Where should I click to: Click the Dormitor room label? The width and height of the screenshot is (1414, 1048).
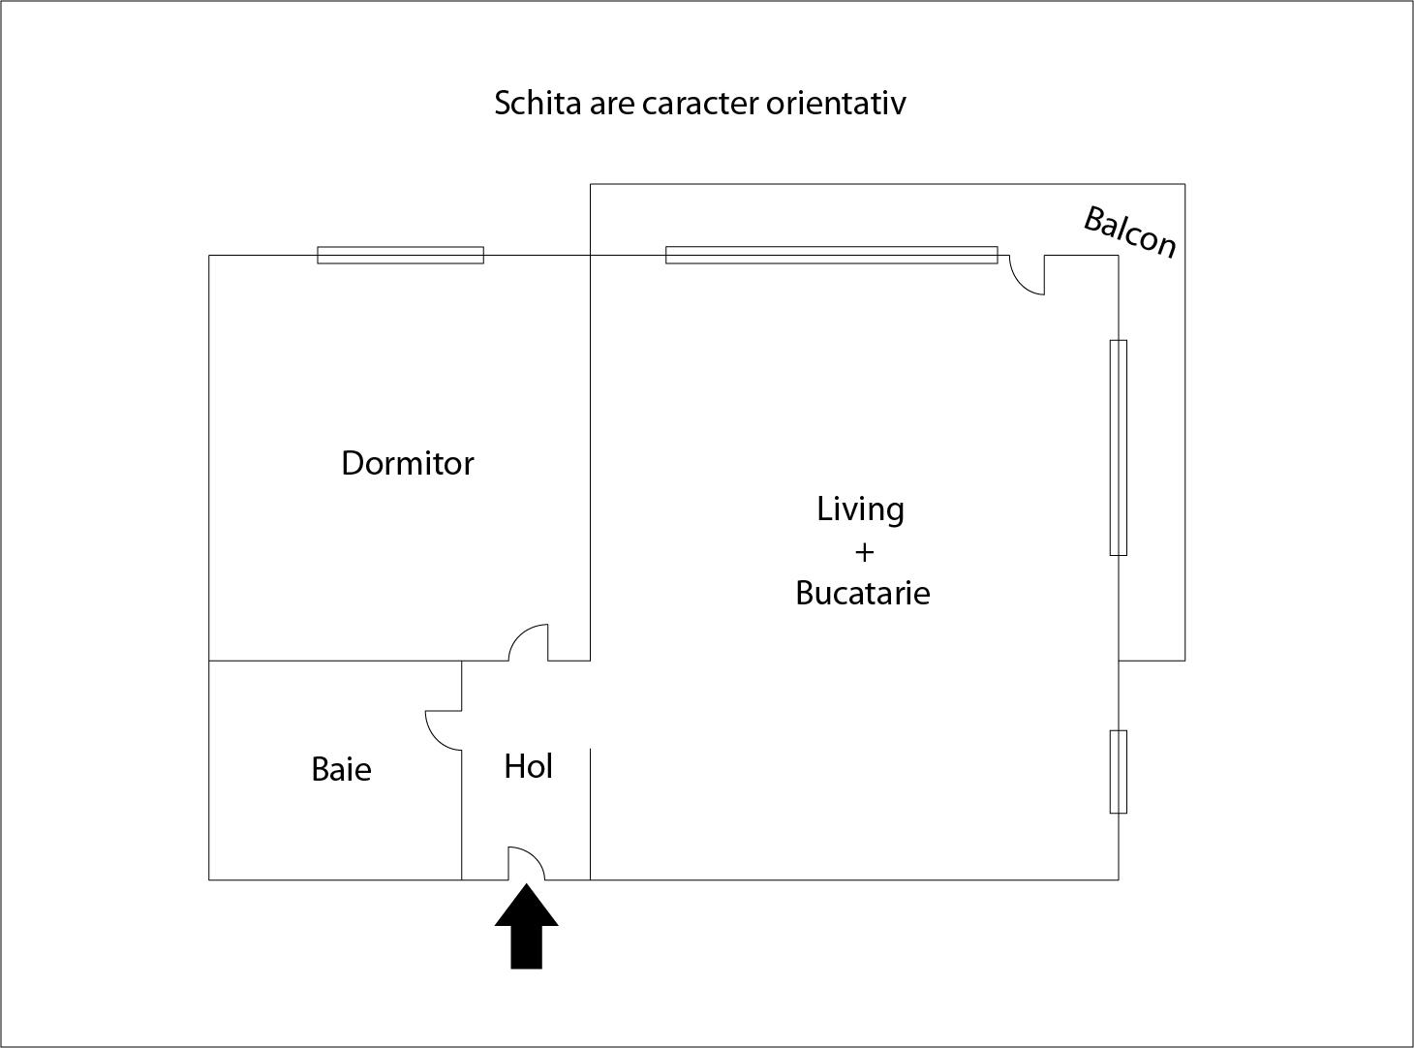pos(408,463)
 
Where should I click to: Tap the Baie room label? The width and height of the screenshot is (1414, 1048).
pos(341,769)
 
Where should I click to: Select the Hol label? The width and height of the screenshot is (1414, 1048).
pos(528,766)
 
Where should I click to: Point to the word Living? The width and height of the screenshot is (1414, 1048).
pos(860,509)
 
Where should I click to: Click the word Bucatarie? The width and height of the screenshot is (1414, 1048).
pos(862,593)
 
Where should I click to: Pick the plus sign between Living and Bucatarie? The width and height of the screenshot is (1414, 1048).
pos(864,552)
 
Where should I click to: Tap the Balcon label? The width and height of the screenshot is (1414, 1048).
pos(1129,232)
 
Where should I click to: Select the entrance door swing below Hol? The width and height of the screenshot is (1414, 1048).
pos(526,863)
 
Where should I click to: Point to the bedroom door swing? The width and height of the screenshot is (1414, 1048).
pos(530,642)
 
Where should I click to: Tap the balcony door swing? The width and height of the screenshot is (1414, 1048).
pos(1027,275)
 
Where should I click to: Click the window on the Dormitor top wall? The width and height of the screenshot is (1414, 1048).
pos(400,256)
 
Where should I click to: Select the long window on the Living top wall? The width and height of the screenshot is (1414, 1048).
pos(831,256)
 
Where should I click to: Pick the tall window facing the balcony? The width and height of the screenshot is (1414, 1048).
pos(1119,447)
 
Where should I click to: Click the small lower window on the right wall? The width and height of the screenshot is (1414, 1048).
pos(1119,772)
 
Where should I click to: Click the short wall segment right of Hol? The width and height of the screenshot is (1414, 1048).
pos(590,814)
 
